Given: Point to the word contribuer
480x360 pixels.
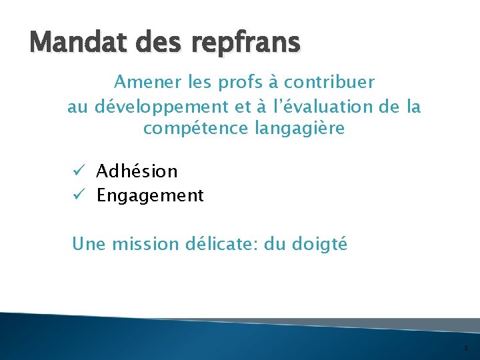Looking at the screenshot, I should coord(329,82).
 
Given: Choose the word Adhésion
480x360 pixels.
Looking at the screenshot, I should coord(137,171).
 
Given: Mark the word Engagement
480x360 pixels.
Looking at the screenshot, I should coord(150,196).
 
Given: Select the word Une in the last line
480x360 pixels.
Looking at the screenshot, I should coord(87,244).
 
